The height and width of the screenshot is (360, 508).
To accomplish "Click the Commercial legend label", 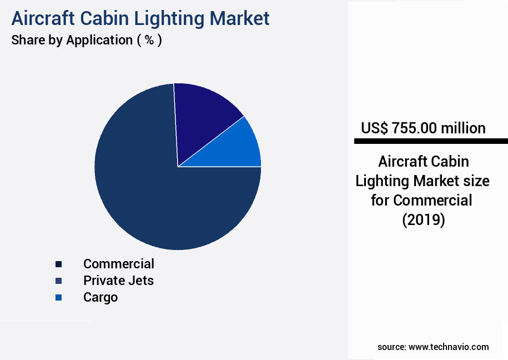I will [119, 263].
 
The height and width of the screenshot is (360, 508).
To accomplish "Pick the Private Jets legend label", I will [118, 280].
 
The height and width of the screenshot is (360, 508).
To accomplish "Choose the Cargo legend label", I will [100, 297].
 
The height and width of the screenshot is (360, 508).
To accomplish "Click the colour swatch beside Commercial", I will [58, 264].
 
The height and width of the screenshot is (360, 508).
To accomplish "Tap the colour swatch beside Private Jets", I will [58, 281].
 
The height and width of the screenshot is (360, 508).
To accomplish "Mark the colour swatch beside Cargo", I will [58, 298].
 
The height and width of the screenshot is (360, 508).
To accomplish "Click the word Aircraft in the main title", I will [42, 18].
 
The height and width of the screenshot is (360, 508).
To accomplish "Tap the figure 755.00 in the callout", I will [414, 128].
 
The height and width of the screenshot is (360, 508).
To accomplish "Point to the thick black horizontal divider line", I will [431, 142].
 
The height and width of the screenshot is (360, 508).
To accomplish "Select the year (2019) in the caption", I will [423, 219].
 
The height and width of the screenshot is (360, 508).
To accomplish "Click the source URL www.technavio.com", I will [449, 347].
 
